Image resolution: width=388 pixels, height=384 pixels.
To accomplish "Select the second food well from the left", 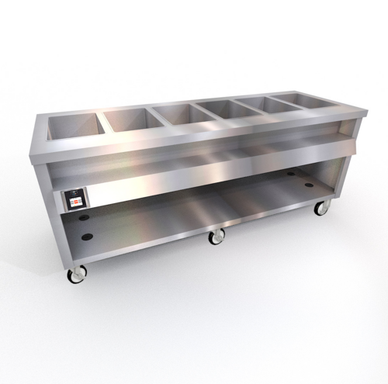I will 130,119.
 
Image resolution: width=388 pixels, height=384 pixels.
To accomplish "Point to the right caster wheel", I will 319,208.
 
